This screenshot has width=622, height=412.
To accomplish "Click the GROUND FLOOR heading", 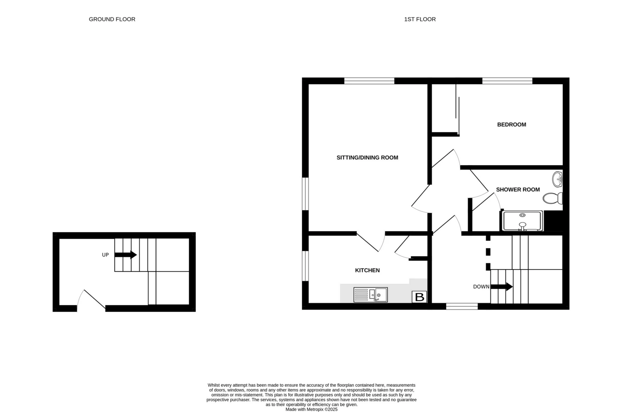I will (112, 19).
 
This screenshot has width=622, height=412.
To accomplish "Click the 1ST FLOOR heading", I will (420, 19).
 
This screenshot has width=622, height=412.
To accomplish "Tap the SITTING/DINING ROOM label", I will (367, 158).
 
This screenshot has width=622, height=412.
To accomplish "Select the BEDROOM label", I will (511, 125).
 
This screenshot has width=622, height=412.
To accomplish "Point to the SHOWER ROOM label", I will (518, 190).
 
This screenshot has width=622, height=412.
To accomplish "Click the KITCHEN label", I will (367, 270).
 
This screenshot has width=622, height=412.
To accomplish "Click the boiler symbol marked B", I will (419, 297).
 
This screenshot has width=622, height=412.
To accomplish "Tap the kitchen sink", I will (370, 295).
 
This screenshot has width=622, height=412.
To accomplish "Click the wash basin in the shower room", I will (558, 179).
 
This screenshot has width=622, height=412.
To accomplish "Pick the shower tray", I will (522, 221).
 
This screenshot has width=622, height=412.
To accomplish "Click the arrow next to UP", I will (126, 255).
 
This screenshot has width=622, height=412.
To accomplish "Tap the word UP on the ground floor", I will (105, 255).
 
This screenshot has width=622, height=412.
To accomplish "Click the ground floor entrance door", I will (92, 300).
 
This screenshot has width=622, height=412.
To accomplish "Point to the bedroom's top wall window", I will (507, 81).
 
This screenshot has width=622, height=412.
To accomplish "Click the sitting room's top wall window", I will (369, 81).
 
